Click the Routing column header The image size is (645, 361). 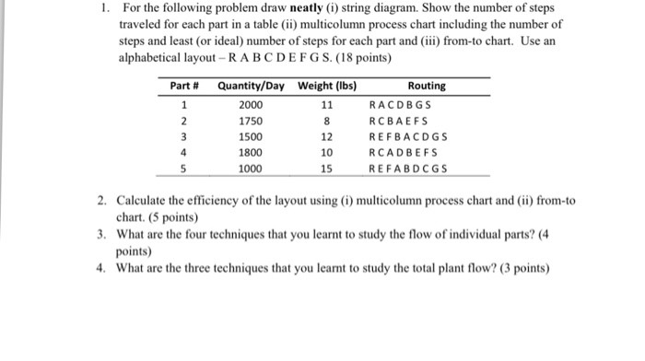[426, 86]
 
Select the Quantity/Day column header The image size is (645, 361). [250, 86]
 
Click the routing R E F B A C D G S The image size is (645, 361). [407, 137]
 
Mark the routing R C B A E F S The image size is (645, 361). [399, 121]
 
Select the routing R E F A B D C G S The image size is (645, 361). [407, 169]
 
